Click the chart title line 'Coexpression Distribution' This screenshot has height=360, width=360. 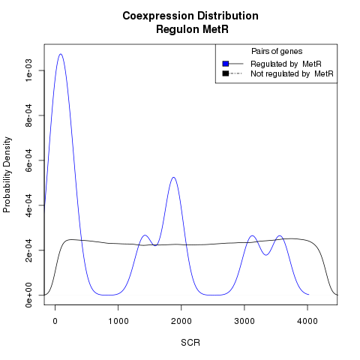190,16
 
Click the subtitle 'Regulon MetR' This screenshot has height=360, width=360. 192,29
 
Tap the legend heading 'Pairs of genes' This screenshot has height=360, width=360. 277,52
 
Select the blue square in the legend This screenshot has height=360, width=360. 226,64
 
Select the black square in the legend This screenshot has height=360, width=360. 226,73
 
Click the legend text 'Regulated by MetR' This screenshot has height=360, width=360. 286,64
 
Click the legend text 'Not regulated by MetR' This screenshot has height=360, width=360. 292,74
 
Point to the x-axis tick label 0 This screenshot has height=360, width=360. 55,321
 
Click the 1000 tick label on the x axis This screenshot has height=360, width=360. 118,321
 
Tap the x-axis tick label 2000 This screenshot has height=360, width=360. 181,321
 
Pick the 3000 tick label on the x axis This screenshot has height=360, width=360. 244,321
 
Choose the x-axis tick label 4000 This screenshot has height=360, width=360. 307,321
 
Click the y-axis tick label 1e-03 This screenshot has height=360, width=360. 28,70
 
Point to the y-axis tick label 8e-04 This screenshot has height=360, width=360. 28,115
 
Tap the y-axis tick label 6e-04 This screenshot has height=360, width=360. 28,160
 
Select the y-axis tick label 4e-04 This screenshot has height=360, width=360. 28,205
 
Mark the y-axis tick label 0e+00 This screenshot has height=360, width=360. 28,295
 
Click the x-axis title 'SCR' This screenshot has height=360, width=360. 190,343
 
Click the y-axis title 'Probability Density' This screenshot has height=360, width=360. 7,175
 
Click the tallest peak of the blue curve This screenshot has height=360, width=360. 61,54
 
